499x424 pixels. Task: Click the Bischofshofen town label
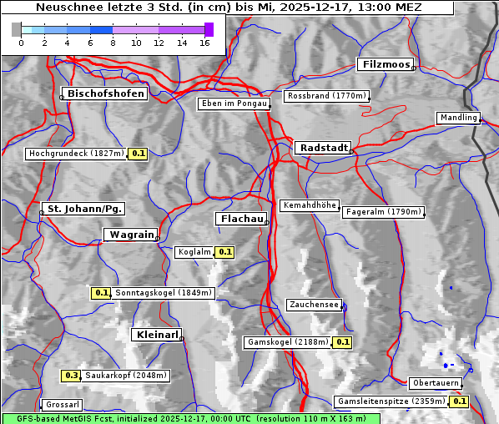106,94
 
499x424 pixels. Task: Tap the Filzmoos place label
386,64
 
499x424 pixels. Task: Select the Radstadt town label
321,148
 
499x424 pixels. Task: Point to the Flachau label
241,219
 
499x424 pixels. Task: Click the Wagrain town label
129,235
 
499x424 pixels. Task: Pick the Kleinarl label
156,335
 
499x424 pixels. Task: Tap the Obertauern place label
435,383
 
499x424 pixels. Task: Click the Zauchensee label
314,305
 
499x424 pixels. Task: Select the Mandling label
458,118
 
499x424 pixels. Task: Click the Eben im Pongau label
234,103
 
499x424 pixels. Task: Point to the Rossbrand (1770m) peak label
326,96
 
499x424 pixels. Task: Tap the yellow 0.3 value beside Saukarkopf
71,376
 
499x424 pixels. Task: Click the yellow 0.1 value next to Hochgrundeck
138,154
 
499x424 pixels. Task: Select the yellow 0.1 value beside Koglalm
225,251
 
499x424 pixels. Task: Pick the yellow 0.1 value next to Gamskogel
343,342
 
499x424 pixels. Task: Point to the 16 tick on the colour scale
204,42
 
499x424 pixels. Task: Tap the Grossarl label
62,405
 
